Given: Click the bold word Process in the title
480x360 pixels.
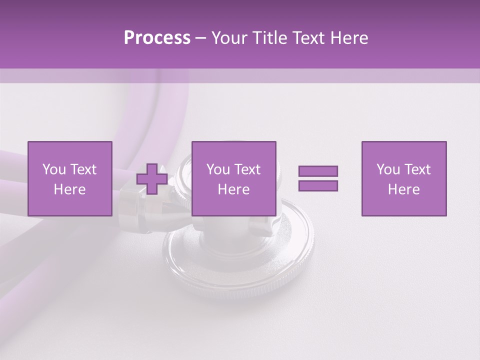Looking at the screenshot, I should pyautogui.click(x=157, y=38).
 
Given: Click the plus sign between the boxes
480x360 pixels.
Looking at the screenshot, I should pyautogui.click(x=152, y=179).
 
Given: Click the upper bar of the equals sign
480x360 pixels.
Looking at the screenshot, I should pyautogui.click(x=318, y=171).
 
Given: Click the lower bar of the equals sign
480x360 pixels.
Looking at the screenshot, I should pyautogui.click(x=318, y=185).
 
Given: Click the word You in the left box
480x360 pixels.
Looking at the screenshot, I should pyautogui.click(x=53, y=169).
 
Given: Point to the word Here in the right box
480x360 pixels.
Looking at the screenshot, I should pyautogui.click(x=404, y=189).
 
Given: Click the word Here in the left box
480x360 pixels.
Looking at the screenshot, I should pyautogui.click(x=69, y=189).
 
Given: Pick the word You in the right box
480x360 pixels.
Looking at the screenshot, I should pyautogui.click(x=387, y=169).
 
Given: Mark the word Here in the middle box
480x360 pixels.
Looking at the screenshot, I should pyautogui.click(x=233, y=189).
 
